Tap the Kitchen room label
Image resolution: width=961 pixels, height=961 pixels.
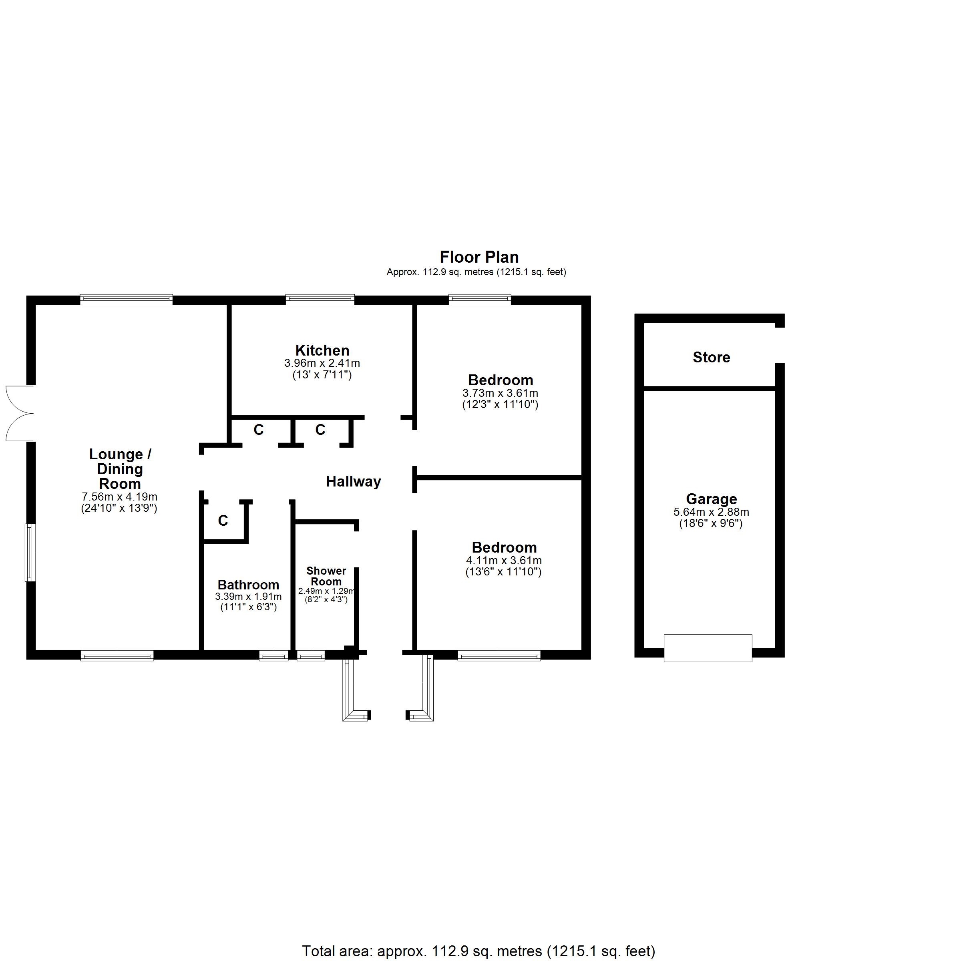(x=322, y=350)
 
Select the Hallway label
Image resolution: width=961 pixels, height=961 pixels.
(x=353, y=481)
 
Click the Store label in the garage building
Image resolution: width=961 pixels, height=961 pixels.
(x=711, y=357)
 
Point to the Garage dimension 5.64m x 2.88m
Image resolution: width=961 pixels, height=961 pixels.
(x=711, y=512)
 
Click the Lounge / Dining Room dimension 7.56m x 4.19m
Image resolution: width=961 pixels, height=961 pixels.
(x=119, y=497)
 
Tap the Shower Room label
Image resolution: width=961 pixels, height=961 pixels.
(x=326, y=576)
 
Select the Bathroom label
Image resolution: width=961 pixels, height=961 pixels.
(x=248, y=585)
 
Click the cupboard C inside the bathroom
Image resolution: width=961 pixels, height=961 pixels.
(x=223, y=520)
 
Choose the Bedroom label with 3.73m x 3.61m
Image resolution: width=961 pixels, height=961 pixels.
(x=501, y=380)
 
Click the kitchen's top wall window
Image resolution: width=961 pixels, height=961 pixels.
(x=320, y=300)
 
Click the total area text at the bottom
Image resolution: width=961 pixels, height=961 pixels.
(x=478, y=951)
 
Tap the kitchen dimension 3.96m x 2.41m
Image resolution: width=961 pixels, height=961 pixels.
(x=322, y=363)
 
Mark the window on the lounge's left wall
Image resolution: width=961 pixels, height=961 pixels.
(x=30, y=552)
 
